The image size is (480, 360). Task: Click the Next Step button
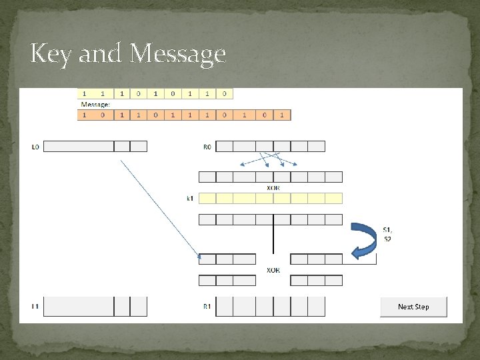[413, 307]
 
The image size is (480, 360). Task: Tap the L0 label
[35, 147]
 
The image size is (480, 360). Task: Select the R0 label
[207, 147]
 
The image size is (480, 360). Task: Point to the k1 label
[191, 199]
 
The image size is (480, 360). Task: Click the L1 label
[35, 307]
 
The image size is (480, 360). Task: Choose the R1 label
[207, 307]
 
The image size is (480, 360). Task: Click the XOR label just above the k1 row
[273, 188]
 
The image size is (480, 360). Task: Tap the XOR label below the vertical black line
[273, 270]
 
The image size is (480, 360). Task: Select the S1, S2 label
[387, 235]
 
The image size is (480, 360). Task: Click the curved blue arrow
[365, 240]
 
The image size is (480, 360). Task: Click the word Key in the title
[52, 53]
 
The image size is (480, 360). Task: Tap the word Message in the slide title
[178, 53]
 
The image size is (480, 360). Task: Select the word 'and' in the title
[102, 53]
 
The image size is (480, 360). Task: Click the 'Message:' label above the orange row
[96, 105]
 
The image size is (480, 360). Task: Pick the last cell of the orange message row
[283, 115]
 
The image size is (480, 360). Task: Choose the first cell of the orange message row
[85, 115]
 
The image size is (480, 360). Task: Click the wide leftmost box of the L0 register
[79, 146]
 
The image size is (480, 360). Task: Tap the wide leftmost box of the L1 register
[79, 307]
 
